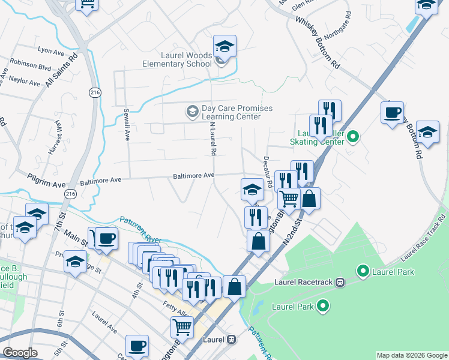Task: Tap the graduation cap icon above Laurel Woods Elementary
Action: point(224,46)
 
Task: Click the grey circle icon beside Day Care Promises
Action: point(192,112)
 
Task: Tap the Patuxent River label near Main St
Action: point(140,229)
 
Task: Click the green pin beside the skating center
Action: point(353,137)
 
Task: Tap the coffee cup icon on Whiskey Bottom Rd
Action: point(393,113)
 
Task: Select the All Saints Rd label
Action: point(62,70)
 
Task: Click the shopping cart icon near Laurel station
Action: point(182,328)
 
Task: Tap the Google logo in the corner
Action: point(20,353)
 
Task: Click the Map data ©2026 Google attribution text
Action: point(411,355)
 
